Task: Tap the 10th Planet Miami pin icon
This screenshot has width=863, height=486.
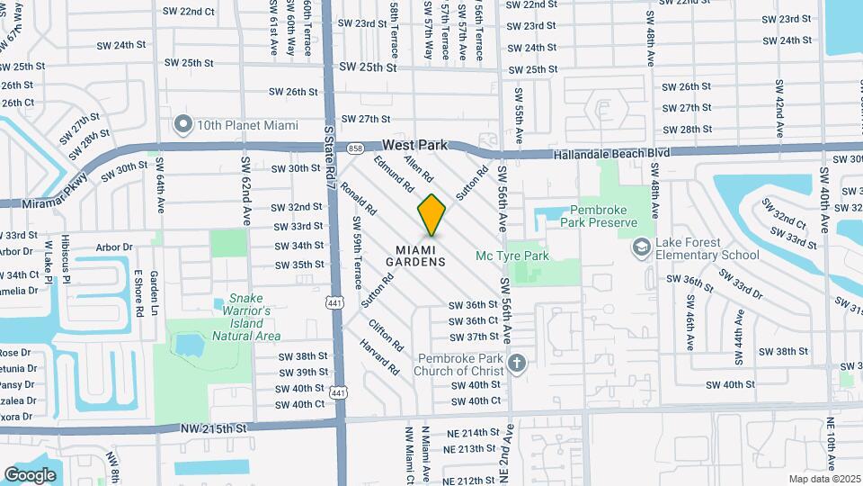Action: [184, 124]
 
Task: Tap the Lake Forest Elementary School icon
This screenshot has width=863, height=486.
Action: [640, 246]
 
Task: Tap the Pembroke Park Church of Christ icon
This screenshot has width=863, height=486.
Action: [516, 364]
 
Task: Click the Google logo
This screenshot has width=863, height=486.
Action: [30, 474]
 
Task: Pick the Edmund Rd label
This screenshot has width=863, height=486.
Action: [395, 174]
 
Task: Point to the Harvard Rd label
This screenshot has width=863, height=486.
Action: [380, 355]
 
